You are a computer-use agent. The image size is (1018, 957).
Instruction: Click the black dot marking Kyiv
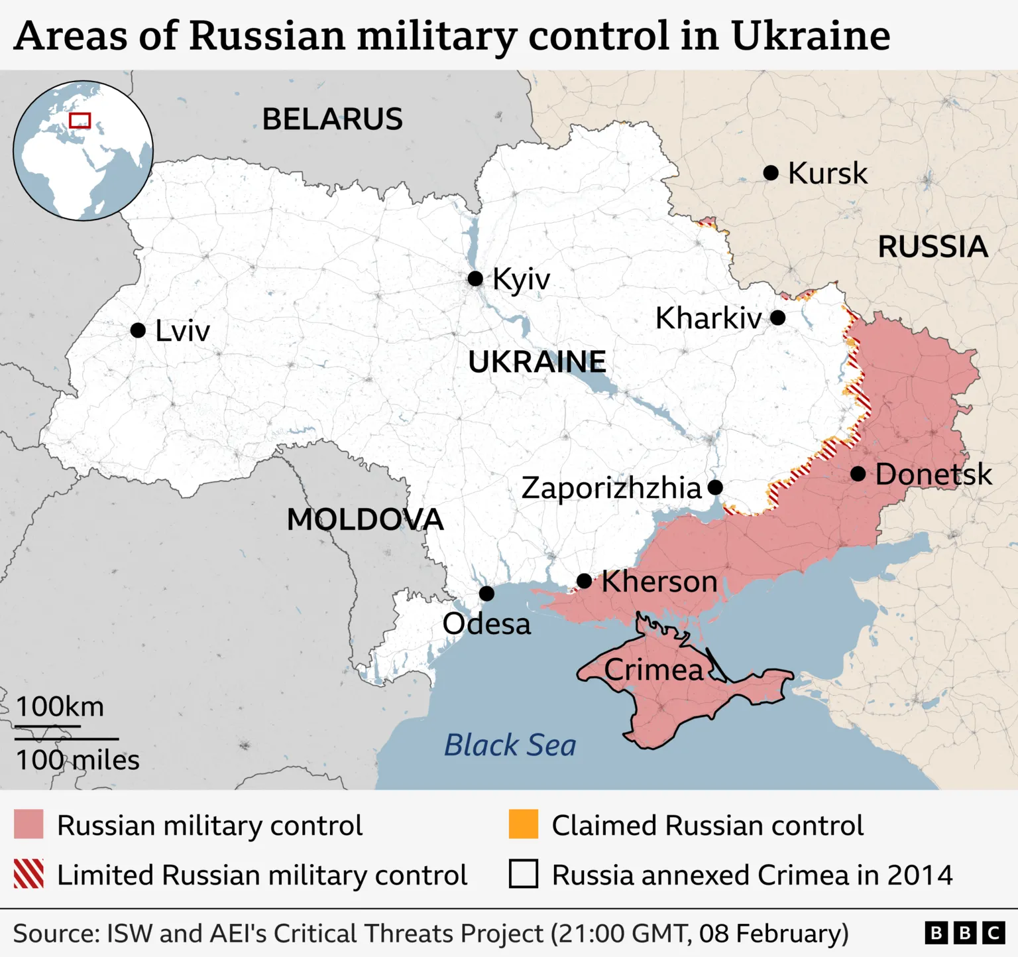[475, 279]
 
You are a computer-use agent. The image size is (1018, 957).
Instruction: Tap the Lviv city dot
[138, 330]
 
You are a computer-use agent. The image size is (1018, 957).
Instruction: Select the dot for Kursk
[771, 173]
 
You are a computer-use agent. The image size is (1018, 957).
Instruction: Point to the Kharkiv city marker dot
[778, 318]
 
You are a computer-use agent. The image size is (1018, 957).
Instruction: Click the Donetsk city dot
[858, 474]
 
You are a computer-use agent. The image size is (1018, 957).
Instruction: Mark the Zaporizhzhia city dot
[715, 487]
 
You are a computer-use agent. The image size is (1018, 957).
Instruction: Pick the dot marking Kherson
[584, 581]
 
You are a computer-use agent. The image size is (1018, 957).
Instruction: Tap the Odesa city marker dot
[486, 593]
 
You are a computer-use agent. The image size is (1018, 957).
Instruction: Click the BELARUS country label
[332, 119]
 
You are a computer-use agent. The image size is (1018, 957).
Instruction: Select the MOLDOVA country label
[365, 519]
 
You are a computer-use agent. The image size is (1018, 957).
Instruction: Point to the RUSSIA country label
[933, 247]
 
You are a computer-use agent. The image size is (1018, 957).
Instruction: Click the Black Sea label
[510, 745]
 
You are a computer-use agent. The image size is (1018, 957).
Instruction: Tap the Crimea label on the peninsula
[653, 670]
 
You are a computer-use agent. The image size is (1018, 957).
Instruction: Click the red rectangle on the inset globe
[80, 120]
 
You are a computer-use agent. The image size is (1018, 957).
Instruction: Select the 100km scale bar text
[60, 707]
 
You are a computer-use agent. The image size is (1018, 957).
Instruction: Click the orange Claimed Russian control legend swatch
[524, 824]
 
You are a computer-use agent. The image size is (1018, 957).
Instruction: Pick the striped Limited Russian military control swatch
[28, 874]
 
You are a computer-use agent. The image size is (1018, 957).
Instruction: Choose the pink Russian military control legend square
[28, 824]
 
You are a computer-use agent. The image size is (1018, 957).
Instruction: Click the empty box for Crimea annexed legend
[524, 874]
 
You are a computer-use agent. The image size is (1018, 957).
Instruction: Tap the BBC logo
[964, 933]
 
